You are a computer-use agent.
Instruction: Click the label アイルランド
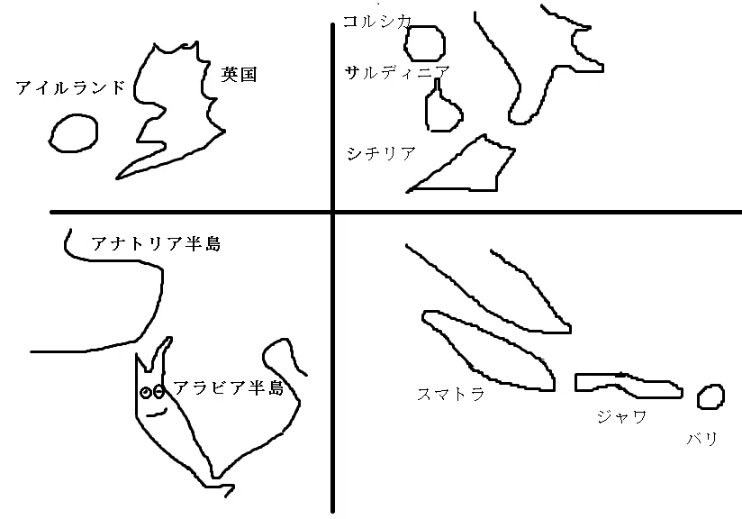pos(70,87)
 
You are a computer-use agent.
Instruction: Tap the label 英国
pos(239,75)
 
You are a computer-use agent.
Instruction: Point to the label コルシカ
pos(377,22)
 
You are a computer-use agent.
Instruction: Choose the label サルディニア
pos(397,72)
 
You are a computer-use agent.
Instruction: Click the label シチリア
pos(381,153)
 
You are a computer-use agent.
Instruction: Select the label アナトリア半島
pos(156,243)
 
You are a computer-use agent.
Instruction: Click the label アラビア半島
pos(229,387)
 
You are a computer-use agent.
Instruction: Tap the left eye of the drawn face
pos(146,393)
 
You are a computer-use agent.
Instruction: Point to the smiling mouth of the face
pos(157,414)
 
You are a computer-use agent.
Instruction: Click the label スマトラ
pos(451,394)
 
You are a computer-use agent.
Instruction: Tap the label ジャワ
pos(622,416)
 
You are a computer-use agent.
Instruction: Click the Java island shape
pos(576,383)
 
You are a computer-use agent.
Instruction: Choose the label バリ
pos(702,439)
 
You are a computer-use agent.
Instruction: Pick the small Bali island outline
pos(699,397)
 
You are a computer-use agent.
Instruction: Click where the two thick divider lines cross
pos(332,212)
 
